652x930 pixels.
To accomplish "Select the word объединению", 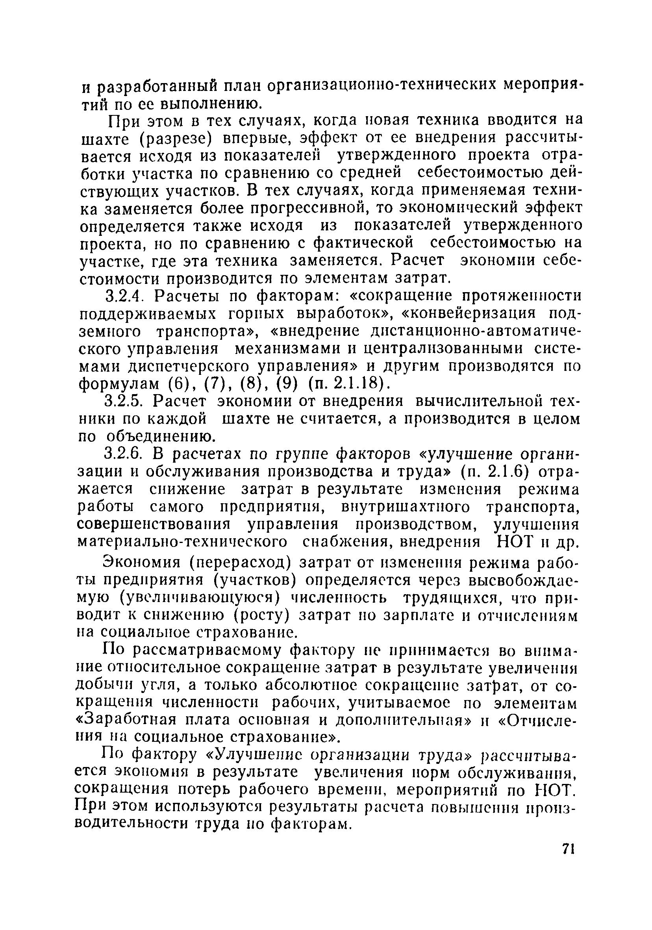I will click(x=160, y=437).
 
